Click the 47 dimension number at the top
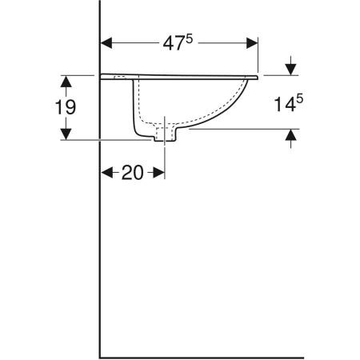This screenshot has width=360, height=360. pos(174,44)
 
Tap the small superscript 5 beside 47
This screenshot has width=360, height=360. pos(189,40)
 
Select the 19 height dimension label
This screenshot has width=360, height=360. pos(66,107)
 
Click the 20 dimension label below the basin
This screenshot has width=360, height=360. pos(132,173)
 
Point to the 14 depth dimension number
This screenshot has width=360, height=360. pos(285,104)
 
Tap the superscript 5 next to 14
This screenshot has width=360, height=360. pos(300,99)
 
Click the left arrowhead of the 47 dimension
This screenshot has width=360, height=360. pos(106,43)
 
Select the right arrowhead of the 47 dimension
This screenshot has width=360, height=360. pos(252,43)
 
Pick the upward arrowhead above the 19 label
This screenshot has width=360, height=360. pos(66,82)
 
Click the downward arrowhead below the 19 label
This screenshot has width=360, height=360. pos(66,134)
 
